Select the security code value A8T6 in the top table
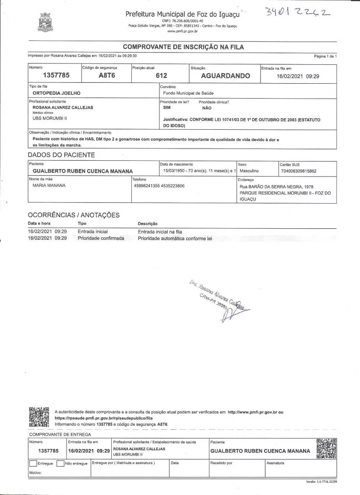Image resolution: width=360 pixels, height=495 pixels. (x=106, y=76)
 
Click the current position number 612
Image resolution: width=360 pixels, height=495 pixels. (x=161, y=76)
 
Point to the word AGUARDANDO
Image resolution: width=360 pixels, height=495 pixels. (x=226, y=76)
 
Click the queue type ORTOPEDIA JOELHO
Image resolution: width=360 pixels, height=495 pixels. (x=56, y=93)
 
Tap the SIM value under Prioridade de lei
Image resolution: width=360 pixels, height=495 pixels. (x=167, y=107)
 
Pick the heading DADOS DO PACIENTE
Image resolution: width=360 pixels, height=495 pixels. (x=61, y=155)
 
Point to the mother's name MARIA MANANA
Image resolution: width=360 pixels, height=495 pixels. (x=49, y=185)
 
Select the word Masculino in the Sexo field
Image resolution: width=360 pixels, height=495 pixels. (x=249, y=171)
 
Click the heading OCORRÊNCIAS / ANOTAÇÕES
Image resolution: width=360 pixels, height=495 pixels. (x=74, y=215)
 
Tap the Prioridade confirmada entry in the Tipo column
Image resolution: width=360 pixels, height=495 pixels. (x=101, y=238)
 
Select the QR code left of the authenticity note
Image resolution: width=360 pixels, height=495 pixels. (x=39, y=417)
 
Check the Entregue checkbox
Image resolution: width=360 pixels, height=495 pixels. (x=33, y=463)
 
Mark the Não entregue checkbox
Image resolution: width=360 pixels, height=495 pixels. (x=60, y=463)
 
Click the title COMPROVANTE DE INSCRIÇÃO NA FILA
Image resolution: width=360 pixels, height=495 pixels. (x=183, y=47)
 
